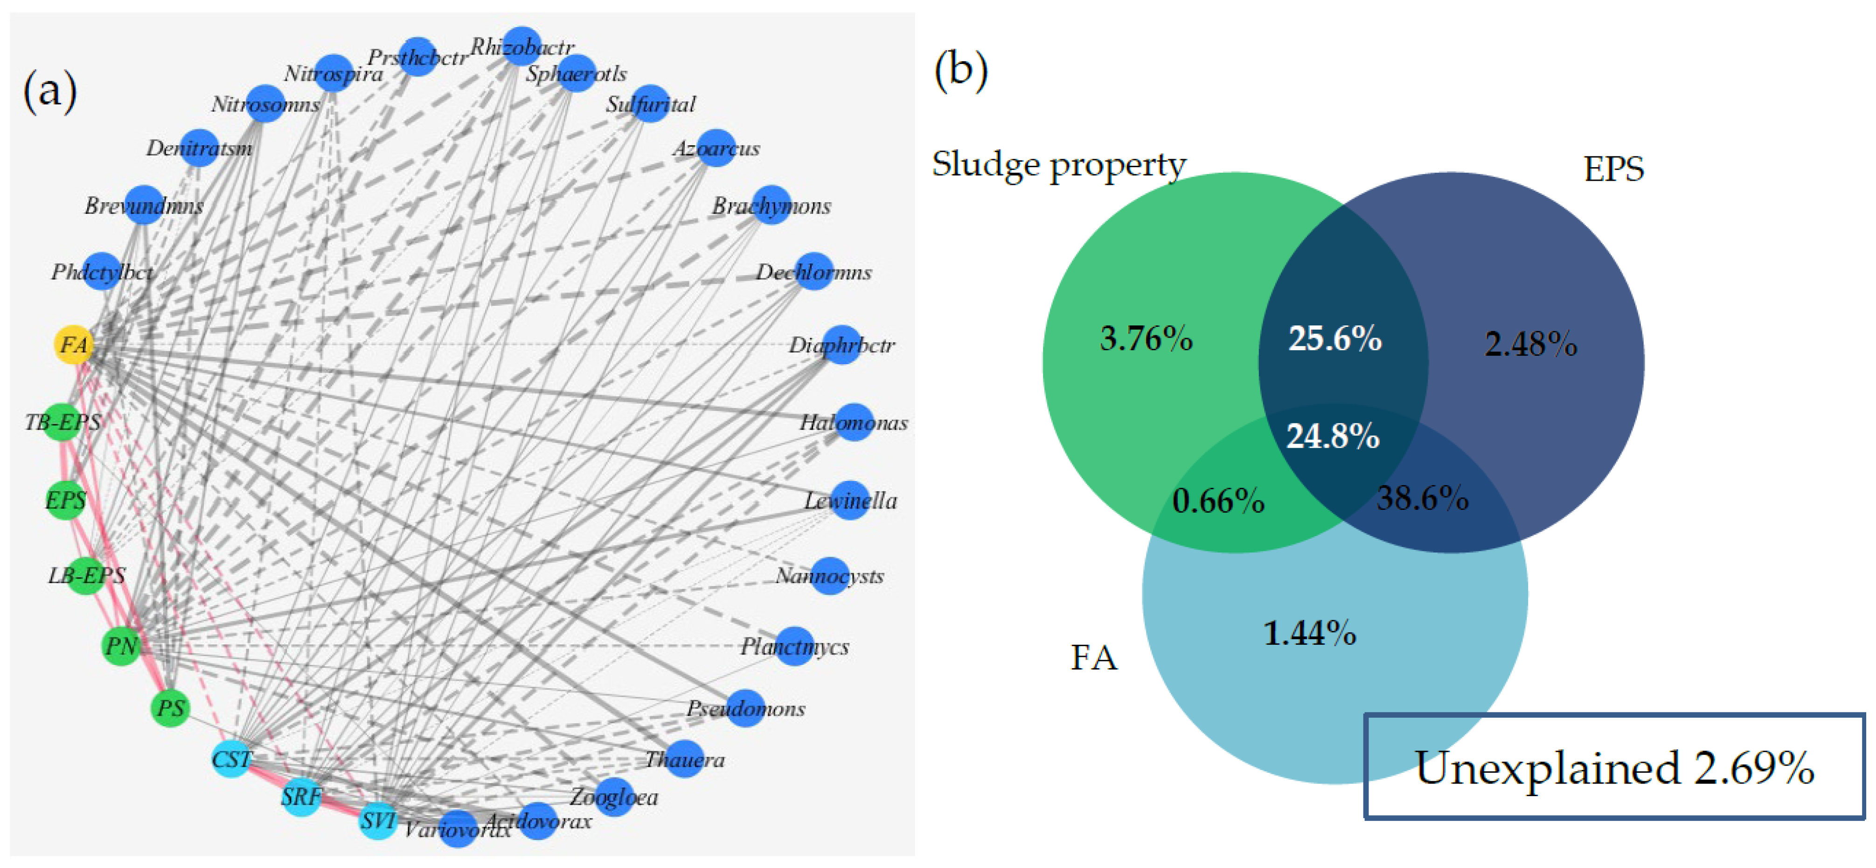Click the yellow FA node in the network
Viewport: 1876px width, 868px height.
click(x=74, y=344)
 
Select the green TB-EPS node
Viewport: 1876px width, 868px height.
click(x=62, y=422)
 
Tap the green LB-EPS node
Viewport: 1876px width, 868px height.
click(x=86, y=576)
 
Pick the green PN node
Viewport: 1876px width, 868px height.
click(x=121, y=646)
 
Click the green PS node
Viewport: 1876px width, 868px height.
click(x=170, y=708)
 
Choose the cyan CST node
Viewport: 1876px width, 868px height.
click(x=231, y=759)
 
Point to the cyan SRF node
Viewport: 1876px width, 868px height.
click(x=301, y=797)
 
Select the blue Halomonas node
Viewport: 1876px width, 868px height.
click(x=854, y=422)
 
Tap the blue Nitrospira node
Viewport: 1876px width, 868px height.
click(x=334, y=73)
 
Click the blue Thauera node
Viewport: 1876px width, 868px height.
click(x=685, y=759)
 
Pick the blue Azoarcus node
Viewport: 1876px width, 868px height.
click(x=716, y=148)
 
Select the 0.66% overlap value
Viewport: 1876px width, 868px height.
click(x=1218, y=501)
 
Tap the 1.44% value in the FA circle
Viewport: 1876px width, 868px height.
click(x=1309, y=633)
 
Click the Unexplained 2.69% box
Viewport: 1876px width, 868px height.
click(x=1614, y=767)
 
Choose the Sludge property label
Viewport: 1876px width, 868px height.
click(x=1059, y=165)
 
